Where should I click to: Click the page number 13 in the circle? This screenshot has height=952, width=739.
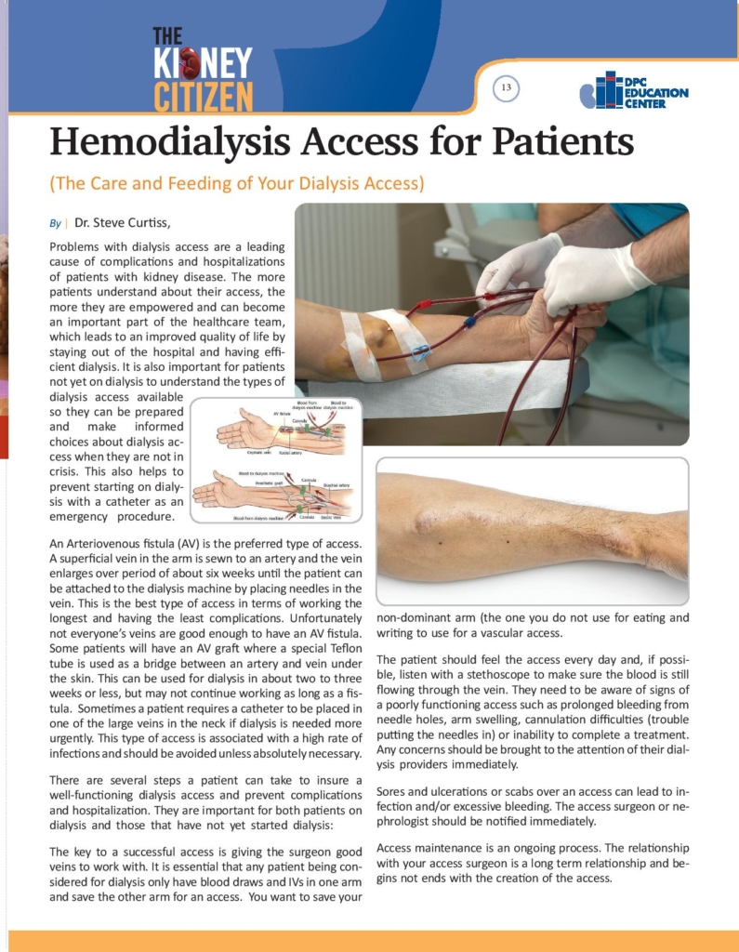(506, 88)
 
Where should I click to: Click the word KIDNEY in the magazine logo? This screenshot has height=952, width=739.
(203, 63)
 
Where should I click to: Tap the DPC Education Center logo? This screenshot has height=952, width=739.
(633, 91)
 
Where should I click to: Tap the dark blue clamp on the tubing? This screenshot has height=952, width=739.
(471, 324)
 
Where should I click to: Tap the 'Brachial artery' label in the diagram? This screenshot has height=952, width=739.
(336, 485)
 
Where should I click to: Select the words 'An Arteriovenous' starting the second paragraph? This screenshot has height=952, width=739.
(99, 543)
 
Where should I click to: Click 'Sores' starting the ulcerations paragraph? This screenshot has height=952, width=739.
(392, 791)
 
